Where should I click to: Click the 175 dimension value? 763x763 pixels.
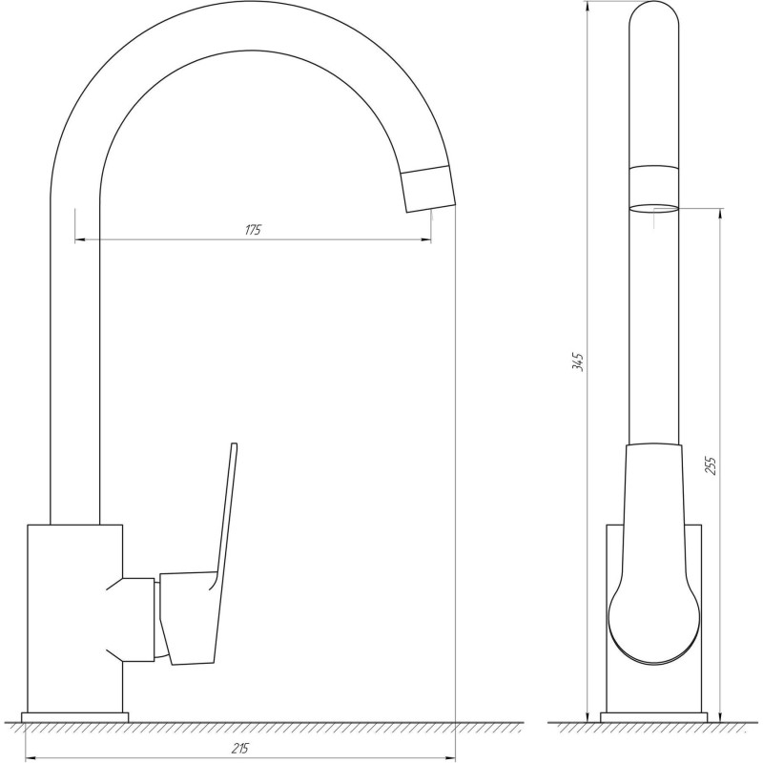(x=253, y=230)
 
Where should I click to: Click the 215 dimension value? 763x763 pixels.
(x=240, y=749)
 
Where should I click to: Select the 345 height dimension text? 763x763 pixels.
(x=578, y=362)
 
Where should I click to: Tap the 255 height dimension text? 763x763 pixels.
(x=711, y=465)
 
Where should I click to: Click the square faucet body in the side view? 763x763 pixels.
(x=75, y=618)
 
